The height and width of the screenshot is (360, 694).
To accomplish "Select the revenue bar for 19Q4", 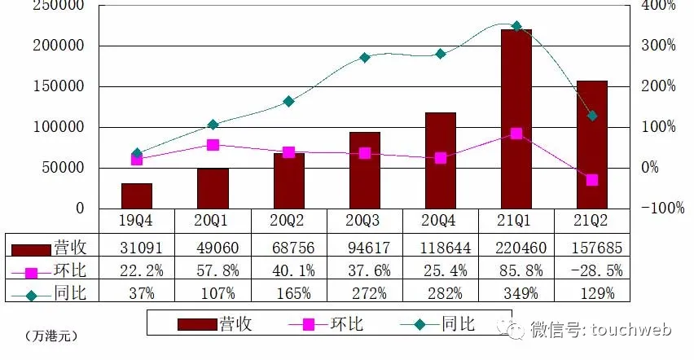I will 137,196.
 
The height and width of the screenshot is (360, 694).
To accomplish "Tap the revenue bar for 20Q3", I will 365,170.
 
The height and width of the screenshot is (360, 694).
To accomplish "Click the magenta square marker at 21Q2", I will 592,180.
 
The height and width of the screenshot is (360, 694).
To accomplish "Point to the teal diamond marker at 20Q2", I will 289,102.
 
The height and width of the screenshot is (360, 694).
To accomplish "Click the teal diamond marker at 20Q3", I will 365,58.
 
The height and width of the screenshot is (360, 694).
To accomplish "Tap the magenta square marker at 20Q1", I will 213,145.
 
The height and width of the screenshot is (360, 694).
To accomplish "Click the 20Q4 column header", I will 440,221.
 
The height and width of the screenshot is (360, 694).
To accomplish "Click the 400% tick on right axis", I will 658,6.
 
